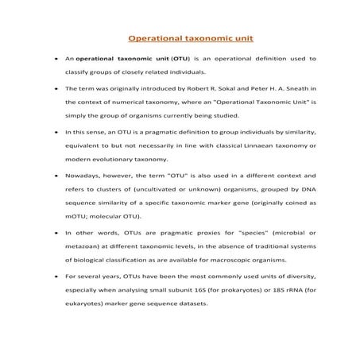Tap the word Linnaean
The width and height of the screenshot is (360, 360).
pyautogui.click(x=249, y=145)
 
